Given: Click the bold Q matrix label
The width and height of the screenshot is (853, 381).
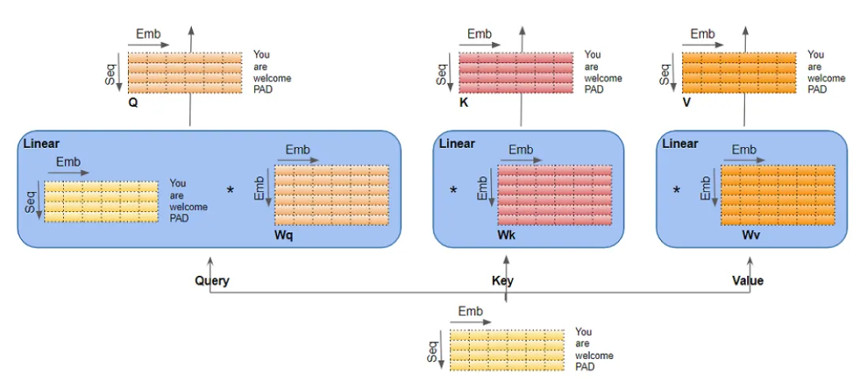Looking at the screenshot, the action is tap(133, 102).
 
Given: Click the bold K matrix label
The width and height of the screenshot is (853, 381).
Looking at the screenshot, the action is tap(464, 102).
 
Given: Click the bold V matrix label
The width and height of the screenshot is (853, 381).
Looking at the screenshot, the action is tap(686, 102).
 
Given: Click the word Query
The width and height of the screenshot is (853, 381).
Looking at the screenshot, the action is tap(212, 281).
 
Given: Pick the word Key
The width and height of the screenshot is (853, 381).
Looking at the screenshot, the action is tap(502, 281).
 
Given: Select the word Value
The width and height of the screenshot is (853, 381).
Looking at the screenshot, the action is tap(748, 281).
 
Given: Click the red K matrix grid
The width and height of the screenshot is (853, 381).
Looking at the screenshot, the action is tap(516, 73).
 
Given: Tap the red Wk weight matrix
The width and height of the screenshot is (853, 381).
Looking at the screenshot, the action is tap(554, 195).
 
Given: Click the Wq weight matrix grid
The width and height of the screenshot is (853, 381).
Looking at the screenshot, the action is tap(332, 195).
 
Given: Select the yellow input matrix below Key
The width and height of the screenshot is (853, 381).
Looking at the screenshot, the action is tap(506, 350).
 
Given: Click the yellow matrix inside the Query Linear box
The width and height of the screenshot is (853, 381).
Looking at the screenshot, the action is tap(101, 202).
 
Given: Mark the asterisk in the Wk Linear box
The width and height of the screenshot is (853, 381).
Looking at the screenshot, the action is tap(453, 190).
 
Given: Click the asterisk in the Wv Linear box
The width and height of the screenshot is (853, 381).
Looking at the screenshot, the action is tap(676, 190).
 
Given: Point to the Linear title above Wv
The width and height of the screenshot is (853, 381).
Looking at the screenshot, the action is tap(680, 144).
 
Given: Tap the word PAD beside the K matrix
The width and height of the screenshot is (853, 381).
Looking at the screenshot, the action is tap(594, 90).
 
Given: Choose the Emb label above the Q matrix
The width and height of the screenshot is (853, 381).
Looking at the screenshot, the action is tap(148, 34).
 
